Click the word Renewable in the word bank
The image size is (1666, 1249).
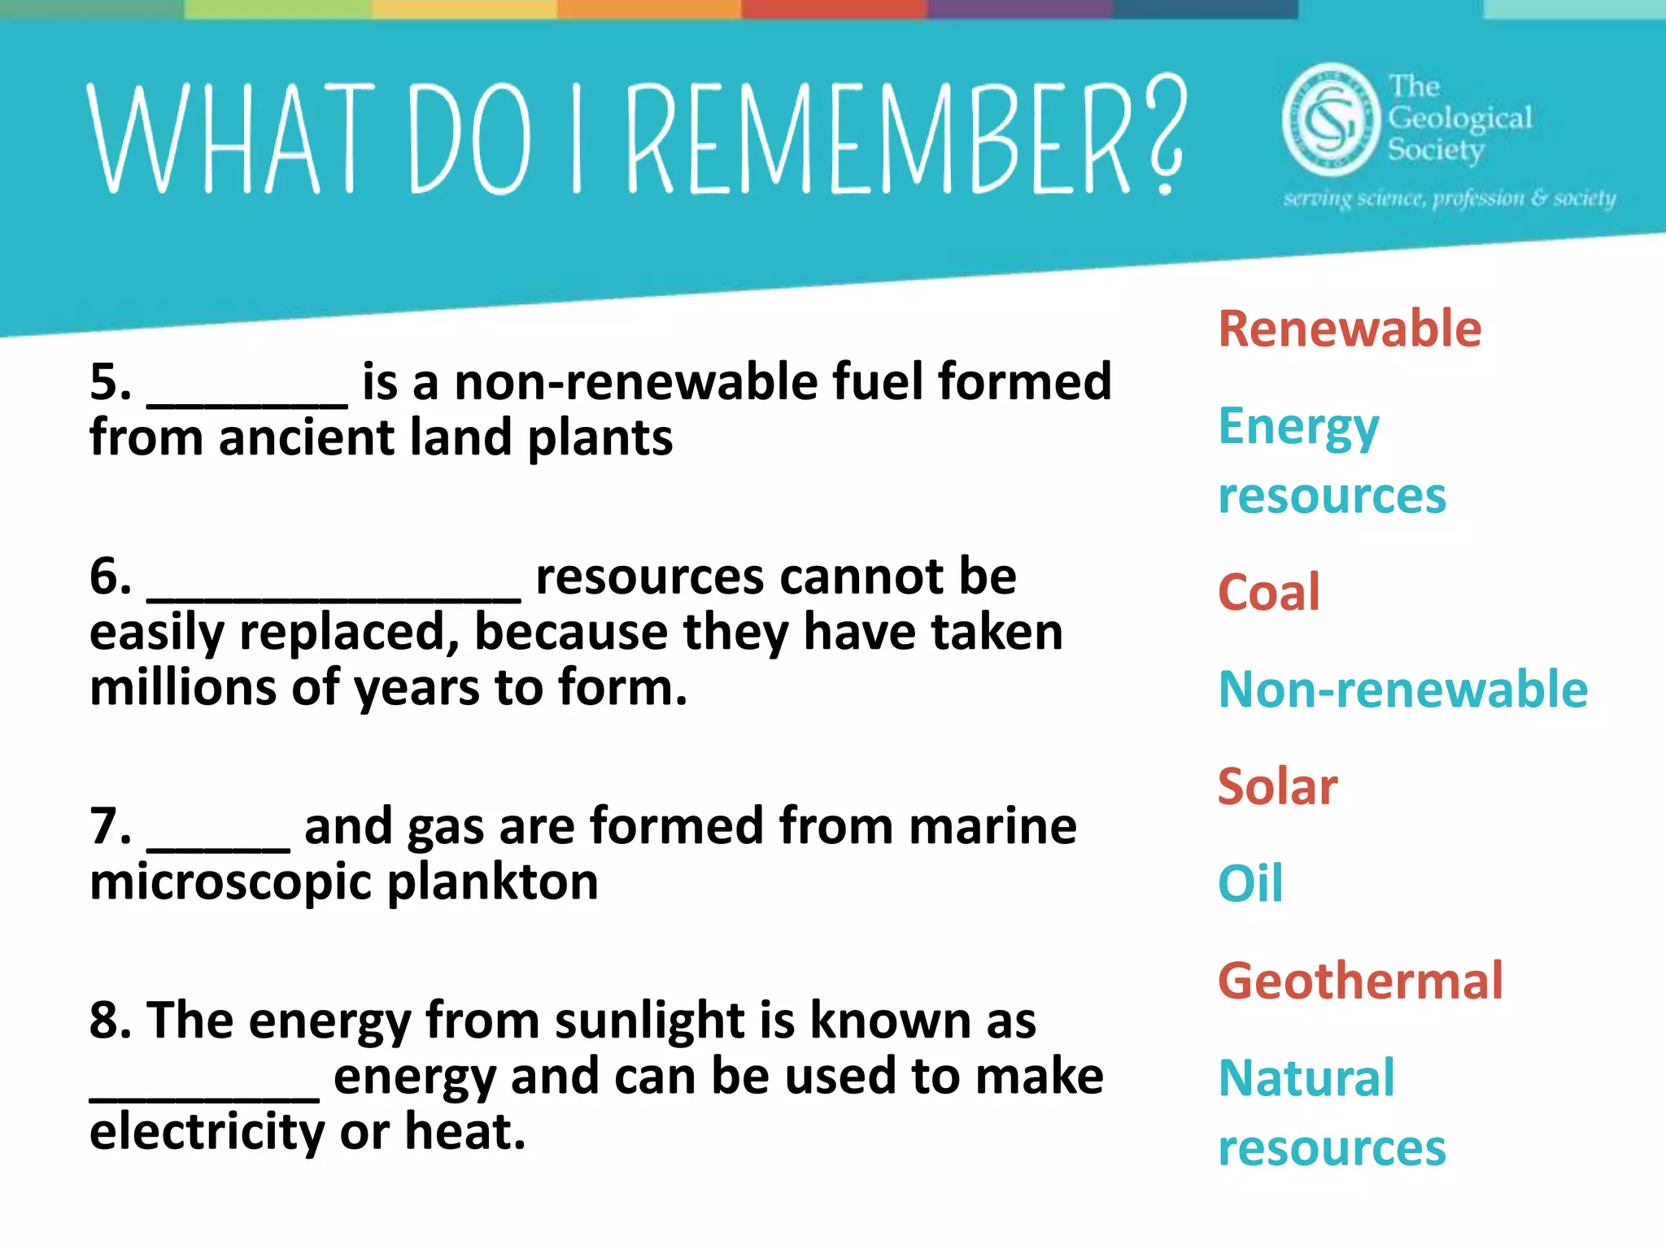click(x=1349, y=329)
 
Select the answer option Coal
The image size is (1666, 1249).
click(x=1268, y=592)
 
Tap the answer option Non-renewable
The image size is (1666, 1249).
click(x=1402, y=690)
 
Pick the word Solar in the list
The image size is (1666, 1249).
click(x=1277, y=787)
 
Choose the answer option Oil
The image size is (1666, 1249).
click(x=1250, y=884)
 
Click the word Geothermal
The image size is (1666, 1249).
click(x=1360, y=981)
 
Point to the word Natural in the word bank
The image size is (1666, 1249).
click(x=1306, y=1078)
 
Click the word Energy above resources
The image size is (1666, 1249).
click(x=1298, y=428)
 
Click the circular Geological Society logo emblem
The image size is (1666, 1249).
click(x=1331, y=120)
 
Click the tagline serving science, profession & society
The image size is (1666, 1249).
click(x=1449, y=198)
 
